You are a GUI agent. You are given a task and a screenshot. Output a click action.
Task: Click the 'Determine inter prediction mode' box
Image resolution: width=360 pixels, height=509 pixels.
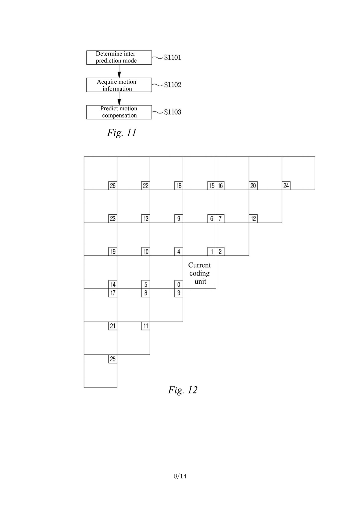click(119, 57)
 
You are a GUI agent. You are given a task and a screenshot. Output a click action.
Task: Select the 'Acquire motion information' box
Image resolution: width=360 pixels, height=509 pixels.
click(119, 85)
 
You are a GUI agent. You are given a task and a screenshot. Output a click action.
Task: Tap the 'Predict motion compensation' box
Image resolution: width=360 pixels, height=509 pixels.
click(119, 112)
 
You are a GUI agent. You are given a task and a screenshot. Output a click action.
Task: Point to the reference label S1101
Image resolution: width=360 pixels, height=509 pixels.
click(172, 57)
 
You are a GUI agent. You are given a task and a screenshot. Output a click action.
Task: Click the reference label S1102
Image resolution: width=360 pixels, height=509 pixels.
click(172, 85)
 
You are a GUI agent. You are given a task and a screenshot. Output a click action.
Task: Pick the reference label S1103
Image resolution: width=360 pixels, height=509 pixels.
click(172, 112)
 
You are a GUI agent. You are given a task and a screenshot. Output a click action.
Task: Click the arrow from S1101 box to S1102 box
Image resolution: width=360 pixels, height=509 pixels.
click(119, 71)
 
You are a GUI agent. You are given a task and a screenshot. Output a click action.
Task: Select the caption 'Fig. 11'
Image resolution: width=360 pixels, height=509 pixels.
click(122, 133)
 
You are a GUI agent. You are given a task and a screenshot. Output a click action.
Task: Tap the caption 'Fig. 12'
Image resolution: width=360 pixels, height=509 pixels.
click(183, 390)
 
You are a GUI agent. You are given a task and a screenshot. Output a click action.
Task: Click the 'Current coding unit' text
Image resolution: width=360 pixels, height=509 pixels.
click(200, 273)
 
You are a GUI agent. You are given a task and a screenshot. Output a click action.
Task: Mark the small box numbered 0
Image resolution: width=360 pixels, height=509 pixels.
click(179, 285)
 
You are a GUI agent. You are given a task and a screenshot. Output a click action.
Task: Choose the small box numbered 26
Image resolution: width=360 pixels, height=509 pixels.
click(113, 186)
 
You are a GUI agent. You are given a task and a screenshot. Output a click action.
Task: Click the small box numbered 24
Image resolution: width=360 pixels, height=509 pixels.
click(286, 186)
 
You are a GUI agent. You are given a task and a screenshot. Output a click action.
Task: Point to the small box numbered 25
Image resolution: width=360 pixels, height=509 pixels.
click(113, 359)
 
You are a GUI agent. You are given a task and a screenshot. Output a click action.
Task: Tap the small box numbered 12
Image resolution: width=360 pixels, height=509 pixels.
click(253, 219)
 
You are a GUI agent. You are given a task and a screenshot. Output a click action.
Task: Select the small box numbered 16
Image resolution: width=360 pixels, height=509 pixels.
click(220, 186)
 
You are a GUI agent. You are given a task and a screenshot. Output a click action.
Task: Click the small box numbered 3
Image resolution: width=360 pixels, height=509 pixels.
click(179, 293)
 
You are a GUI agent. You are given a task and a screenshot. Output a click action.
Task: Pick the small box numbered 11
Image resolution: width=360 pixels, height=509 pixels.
click(146, 326)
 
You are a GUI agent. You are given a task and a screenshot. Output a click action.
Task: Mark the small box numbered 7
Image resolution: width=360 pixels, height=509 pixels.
click(220, 219)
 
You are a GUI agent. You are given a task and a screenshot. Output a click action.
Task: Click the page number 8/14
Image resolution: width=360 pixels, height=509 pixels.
click(180, 476)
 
